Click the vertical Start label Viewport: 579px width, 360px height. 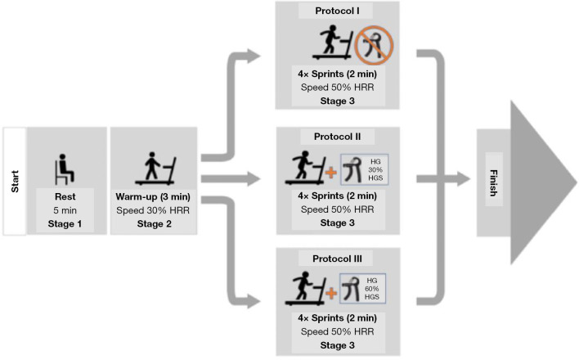(15, 181)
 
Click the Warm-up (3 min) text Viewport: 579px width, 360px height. (155, 196)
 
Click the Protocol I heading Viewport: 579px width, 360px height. (337, 11)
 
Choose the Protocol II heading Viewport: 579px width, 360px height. (337, 136)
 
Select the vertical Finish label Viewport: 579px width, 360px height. (493, 180)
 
